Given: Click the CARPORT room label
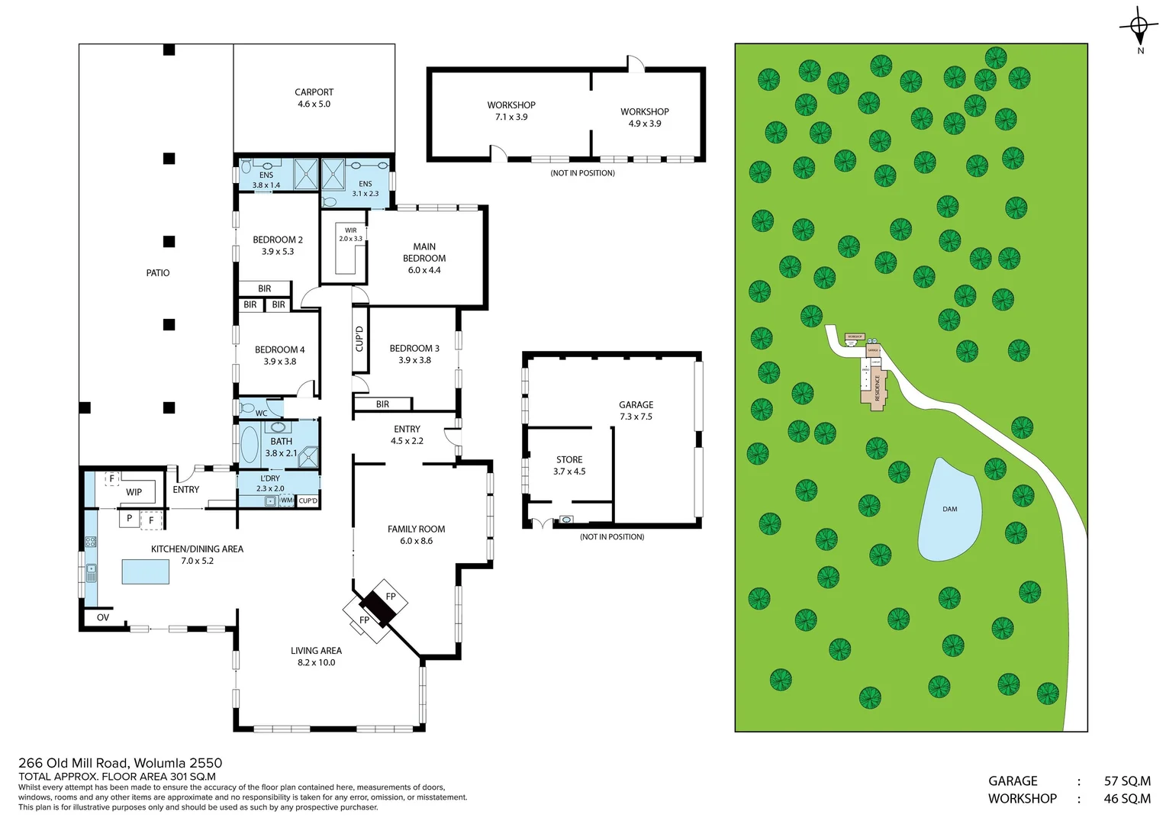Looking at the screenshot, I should tap(314, 92).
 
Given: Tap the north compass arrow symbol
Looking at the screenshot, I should tap(1139, 27).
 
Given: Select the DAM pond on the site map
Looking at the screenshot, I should tap(949, 510).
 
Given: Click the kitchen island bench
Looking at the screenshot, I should tap(146, 571).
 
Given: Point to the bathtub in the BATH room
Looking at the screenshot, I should tap(250, 444).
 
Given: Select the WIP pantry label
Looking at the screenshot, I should tap(134, 492).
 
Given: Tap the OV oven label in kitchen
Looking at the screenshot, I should tap(103, 617).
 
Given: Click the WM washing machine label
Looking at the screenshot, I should tap(287, 501).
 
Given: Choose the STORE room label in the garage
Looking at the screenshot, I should tap(569, 460).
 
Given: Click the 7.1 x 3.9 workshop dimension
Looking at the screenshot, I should tap(511, 117).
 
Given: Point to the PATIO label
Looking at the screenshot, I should tap(158, 273).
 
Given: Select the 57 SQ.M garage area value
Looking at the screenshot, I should tap(1126, 781).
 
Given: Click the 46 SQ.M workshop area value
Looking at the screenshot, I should tap(1126, 799).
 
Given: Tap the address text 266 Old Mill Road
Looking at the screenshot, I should tap(120, 763).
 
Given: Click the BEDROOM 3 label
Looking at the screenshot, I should tap(414, 349).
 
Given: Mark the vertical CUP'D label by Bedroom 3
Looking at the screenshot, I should tap(359, 339).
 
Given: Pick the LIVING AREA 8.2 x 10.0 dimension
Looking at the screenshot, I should tap(316, 663).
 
